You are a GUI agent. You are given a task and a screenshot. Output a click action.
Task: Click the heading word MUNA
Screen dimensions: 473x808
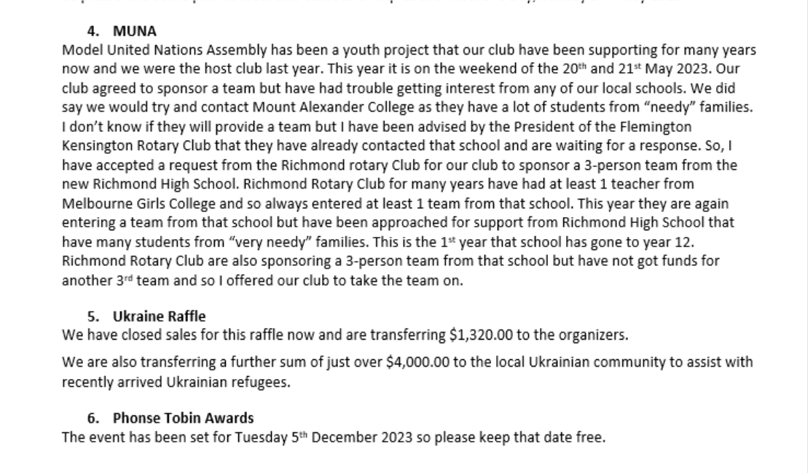pyautogui.click(x=134, y=31)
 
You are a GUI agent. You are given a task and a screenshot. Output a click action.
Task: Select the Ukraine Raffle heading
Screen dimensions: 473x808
pyautogui.click(x=159, y=316)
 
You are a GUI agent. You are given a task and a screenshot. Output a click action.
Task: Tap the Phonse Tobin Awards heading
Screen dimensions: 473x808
pyautogui.click(x=183, y=418)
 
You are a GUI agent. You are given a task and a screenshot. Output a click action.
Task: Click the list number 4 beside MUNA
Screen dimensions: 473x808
pyautogui.click(x=92, y=31)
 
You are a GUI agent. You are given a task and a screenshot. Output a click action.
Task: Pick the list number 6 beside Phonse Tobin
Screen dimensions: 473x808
pyautogui.click(x=92, y=418)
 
